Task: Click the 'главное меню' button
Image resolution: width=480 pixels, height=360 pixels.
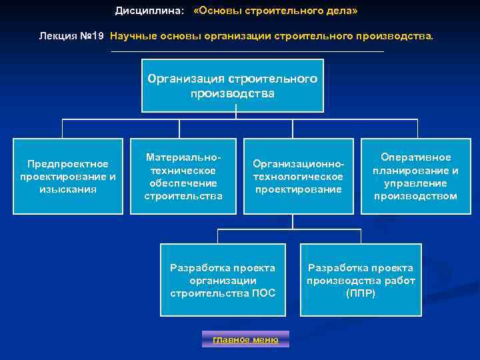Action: tap(245, 339)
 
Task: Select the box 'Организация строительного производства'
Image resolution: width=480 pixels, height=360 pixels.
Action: tap(232, 86)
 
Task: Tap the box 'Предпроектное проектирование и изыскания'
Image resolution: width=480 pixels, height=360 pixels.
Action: tap(68, 176)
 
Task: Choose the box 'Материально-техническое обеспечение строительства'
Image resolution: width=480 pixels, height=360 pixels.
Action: tap(183, 176)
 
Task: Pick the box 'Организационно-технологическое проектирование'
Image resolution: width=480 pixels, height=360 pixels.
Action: tap(298, 176)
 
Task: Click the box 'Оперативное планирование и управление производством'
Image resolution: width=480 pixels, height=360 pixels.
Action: tap(415, 176)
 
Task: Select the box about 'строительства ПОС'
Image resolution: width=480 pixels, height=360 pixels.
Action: tap(223, 280)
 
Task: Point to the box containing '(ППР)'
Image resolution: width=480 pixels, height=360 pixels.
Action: tap(361, 280)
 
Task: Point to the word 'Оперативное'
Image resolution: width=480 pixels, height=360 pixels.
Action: tap(415, 157)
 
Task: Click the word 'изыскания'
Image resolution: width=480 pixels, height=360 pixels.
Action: tap(68, 189)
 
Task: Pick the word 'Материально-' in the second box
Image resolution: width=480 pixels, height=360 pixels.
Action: tap(183, 157)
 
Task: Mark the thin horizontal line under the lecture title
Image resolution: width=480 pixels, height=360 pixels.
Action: tap(247, 51)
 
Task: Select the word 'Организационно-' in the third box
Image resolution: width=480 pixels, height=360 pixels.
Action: tap(298, 164)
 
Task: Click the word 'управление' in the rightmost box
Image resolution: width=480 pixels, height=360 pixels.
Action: tap(415, 183)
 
